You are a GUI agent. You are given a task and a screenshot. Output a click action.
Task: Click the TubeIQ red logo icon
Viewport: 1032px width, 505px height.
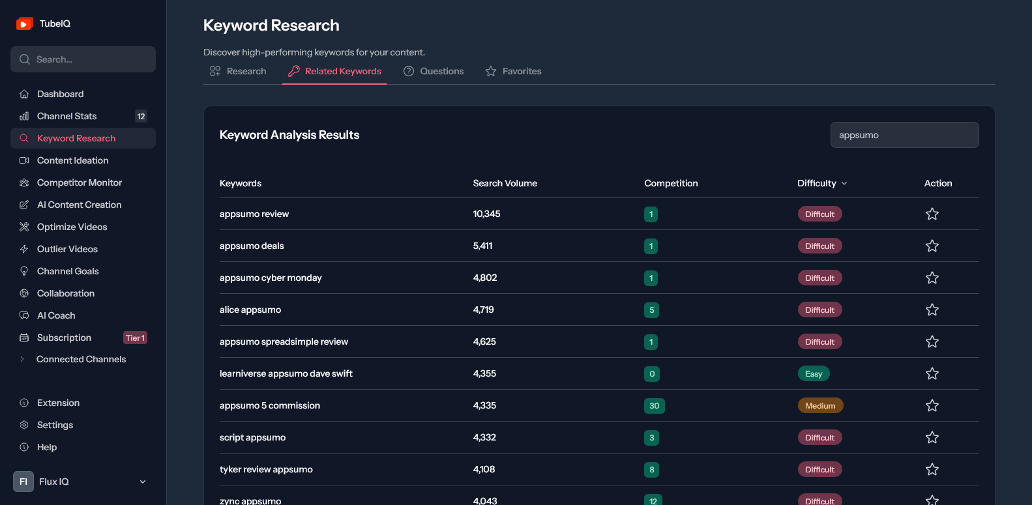[24, 23]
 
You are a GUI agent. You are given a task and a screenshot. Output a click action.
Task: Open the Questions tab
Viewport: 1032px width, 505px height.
[433, 72]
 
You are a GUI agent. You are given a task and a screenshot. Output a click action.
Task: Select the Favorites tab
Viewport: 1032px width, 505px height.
[513, 72]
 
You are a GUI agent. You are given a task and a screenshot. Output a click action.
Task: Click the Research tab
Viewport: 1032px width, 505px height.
[238, 72]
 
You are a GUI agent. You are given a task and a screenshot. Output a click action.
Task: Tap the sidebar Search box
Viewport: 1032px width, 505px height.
[83, 59]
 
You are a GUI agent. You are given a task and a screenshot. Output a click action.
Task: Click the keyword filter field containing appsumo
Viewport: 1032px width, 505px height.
[904, 135]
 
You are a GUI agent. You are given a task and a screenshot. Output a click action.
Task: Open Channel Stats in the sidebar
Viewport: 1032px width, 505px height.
[66, 116]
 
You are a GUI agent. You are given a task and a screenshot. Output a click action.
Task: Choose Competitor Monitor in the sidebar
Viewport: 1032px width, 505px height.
[80, 182]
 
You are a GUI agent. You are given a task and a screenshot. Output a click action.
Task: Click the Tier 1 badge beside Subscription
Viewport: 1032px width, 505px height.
[135, 338]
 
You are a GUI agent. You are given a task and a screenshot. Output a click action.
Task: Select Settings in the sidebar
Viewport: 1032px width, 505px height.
[55, 425]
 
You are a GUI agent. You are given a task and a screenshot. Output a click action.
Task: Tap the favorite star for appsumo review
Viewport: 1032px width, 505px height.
[932, 214]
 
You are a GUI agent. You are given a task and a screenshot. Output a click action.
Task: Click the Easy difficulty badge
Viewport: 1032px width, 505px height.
[814, 374]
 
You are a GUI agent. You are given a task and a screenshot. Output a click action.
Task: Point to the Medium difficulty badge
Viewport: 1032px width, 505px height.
[821, 405]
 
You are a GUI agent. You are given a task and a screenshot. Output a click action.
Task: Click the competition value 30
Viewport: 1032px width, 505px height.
[655, 405]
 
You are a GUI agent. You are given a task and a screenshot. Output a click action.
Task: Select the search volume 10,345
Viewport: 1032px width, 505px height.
[486, 214]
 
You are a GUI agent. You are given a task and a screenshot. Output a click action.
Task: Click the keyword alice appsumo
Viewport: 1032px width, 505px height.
[250, 310]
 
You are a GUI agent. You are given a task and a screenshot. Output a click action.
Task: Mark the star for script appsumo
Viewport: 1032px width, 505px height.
[932, 437]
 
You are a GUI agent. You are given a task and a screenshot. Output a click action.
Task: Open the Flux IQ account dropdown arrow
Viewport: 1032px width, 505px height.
[143, 482]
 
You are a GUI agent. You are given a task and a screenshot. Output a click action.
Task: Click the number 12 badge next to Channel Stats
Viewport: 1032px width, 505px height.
[141, 117]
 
